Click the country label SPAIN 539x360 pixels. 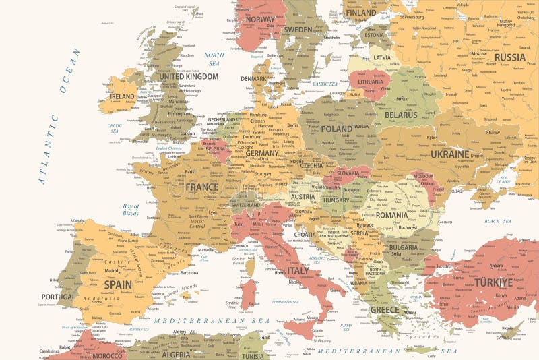(x=117, y=284)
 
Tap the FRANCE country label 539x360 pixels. (x=202, y=187)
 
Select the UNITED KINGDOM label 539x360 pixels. (x=188, y=77)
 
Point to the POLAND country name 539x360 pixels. (x=336, y=129)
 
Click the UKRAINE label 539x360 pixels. (x=449, y=154)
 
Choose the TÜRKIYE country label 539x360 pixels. (x=493, y=282)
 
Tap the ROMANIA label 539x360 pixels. (x=391, y=215)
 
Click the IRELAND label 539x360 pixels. (x=123, y=97)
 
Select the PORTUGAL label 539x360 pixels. (x=58, y=297)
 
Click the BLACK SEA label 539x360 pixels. (x=497, y=221)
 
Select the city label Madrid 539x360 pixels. (x=113, y=271)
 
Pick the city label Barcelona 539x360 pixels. (x=189, y=273)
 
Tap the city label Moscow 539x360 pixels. (x=479, y=53)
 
